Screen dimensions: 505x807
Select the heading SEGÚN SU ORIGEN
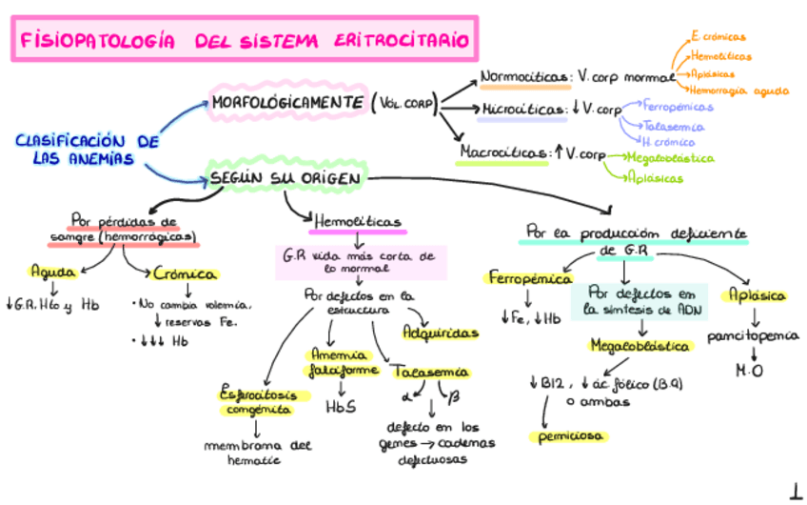click(x=283, y=178)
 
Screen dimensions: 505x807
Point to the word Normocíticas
click(x=524, y=77)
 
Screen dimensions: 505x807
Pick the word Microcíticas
click(x=522, y=110)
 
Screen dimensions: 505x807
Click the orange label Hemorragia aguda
click(x=739, y=91)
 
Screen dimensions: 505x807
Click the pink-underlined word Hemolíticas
click(x=357, y=221)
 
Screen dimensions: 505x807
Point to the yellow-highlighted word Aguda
click(x=53, y=271)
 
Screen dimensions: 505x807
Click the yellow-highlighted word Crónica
click(x=186, y=273)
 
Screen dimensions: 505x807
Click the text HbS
click(x=340, y=406)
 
